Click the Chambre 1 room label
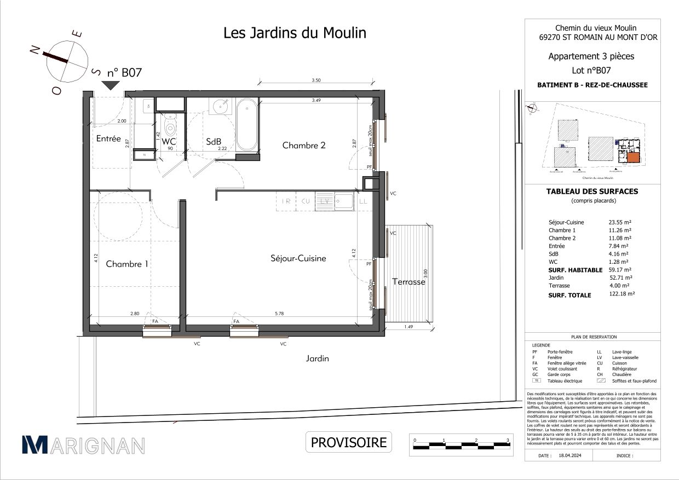127,264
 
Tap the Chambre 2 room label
304,145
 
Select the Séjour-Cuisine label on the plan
298,258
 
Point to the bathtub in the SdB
247,124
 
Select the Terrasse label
408,282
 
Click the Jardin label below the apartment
318,358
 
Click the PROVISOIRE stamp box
349,442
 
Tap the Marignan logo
83,445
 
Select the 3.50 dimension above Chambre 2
316,80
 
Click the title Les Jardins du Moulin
295,33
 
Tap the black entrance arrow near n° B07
111,85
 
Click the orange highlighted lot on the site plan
633,158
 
